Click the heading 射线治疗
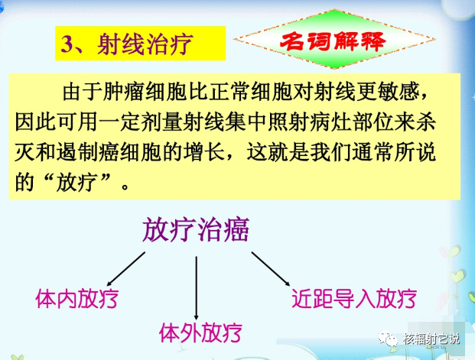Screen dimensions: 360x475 pyautogui.click(x=145, y=44)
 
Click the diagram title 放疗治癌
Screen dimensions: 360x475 pyautogui.click(x=197, y=229)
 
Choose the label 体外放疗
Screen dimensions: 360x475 pyautogui.click(x=200, y=332)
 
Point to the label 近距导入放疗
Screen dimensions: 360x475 pyautogui.click(x=353, y=298)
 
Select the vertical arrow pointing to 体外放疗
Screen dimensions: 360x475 pyautogui.click(x=197, y=287)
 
